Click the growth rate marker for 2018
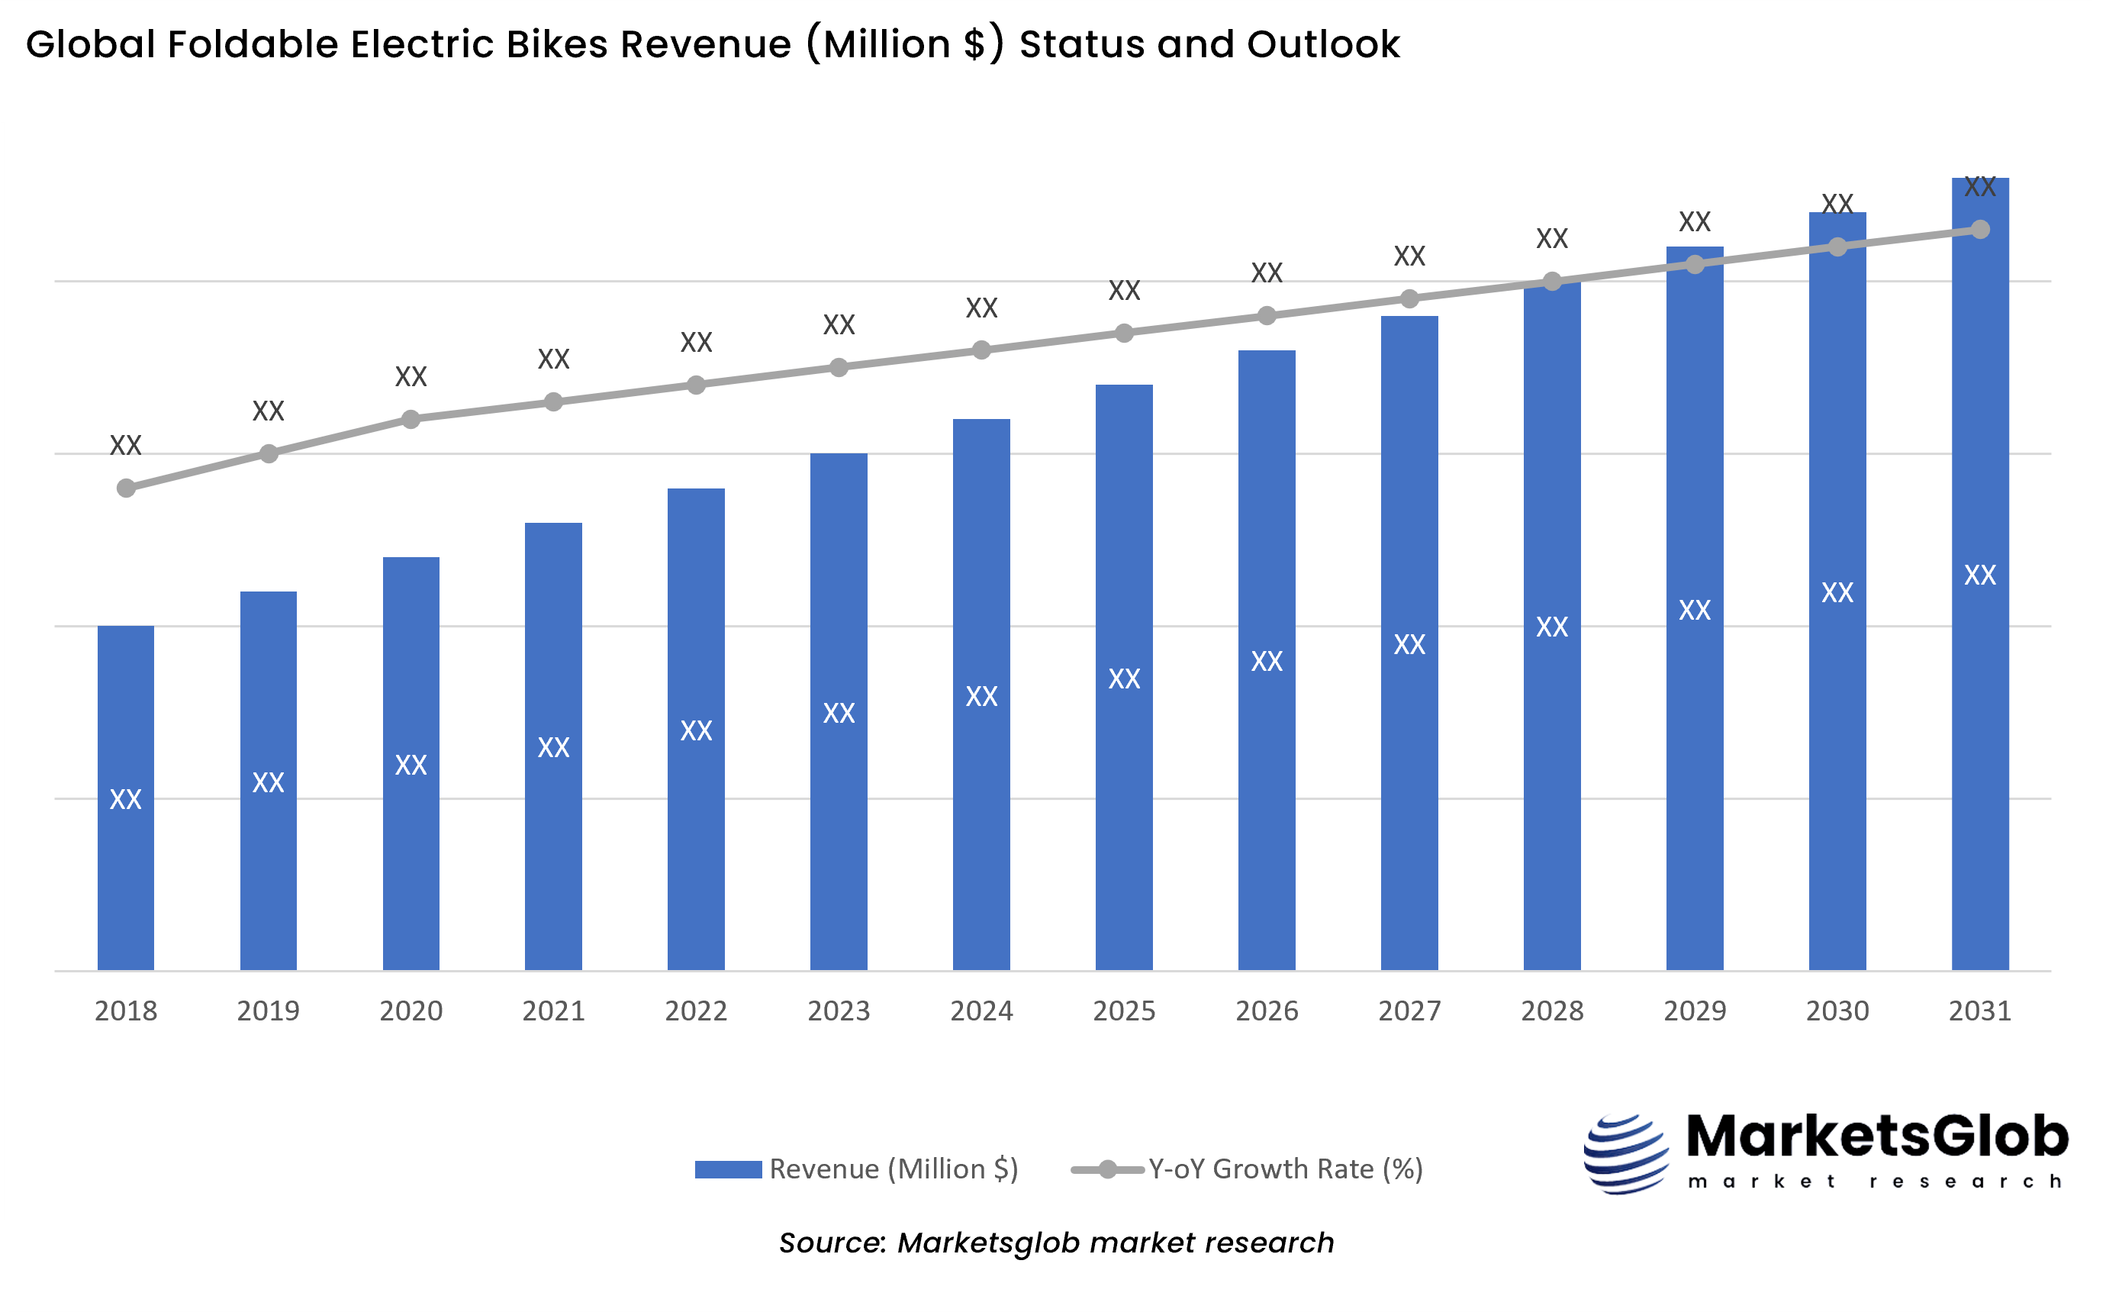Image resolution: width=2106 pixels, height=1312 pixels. point(126,488)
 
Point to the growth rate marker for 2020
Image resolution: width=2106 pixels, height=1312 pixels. point(411,420)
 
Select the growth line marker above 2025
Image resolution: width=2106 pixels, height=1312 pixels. point(1124,334)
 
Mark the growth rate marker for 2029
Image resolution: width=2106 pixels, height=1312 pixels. point(1695,264)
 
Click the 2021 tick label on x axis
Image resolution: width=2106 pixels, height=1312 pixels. point(553,1011)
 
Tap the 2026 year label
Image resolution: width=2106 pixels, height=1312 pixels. point(1267,1011)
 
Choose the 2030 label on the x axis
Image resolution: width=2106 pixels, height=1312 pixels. point(1837,1011)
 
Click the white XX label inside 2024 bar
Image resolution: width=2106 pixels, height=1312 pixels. point(982,697)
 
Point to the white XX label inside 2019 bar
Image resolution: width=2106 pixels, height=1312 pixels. point(268,782)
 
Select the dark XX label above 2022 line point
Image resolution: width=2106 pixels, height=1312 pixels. point(696,343)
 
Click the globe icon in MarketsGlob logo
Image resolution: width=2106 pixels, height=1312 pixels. point(1625,1154)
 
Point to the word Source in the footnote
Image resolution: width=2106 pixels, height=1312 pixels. point(830,1243)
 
